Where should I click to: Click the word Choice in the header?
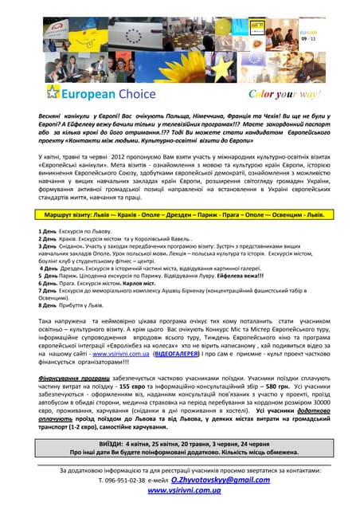pos(139,93)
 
